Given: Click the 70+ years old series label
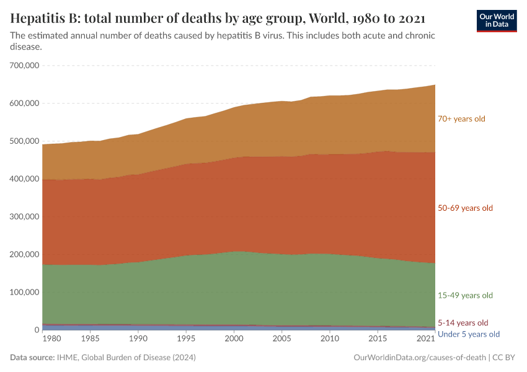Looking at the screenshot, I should click(461, 118).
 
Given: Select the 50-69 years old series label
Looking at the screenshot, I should click(465, 208).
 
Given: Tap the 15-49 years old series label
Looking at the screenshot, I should click(465, 295).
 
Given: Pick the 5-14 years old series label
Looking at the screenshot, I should click(463, 322).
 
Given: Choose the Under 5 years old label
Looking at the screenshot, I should click(468, 334).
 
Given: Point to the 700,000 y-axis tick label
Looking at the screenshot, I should click(25, 65).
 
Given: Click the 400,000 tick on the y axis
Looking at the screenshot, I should click(25, 179).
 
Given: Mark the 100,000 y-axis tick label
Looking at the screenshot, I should click(25, 292).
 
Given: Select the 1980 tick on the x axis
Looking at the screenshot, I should click(52, 339).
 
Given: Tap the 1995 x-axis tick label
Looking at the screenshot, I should click(185, 339).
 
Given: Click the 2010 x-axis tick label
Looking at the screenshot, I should click(329, 339).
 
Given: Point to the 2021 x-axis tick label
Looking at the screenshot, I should click(425, 339).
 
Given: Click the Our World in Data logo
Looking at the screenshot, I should click(496, 20).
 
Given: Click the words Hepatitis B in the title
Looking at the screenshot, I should click(42, 17).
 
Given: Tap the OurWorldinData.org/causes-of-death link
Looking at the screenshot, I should click(419, 358).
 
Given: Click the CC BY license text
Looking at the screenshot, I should click(505, 358).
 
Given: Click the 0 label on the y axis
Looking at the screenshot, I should click(37, 330).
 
